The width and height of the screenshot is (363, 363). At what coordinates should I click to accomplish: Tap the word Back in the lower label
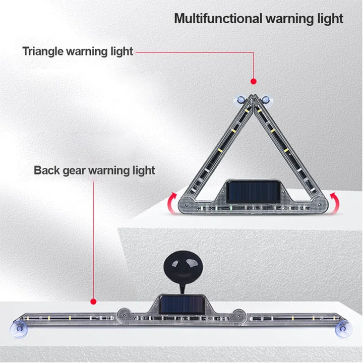pos(47,170)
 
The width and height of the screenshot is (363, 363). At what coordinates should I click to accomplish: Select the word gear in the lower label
pos(74,170)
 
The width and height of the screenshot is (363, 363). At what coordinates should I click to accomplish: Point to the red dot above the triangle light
pos(253,81)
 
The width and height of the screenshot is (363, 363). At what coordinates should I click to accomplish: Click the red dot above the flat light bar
pos(93,301)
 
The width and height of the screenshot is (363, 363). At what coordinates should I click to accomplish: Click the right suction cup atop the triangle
pos(266,99)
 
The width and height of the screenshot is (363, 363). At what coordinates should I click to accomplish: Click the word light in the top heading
pos(331,19)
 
